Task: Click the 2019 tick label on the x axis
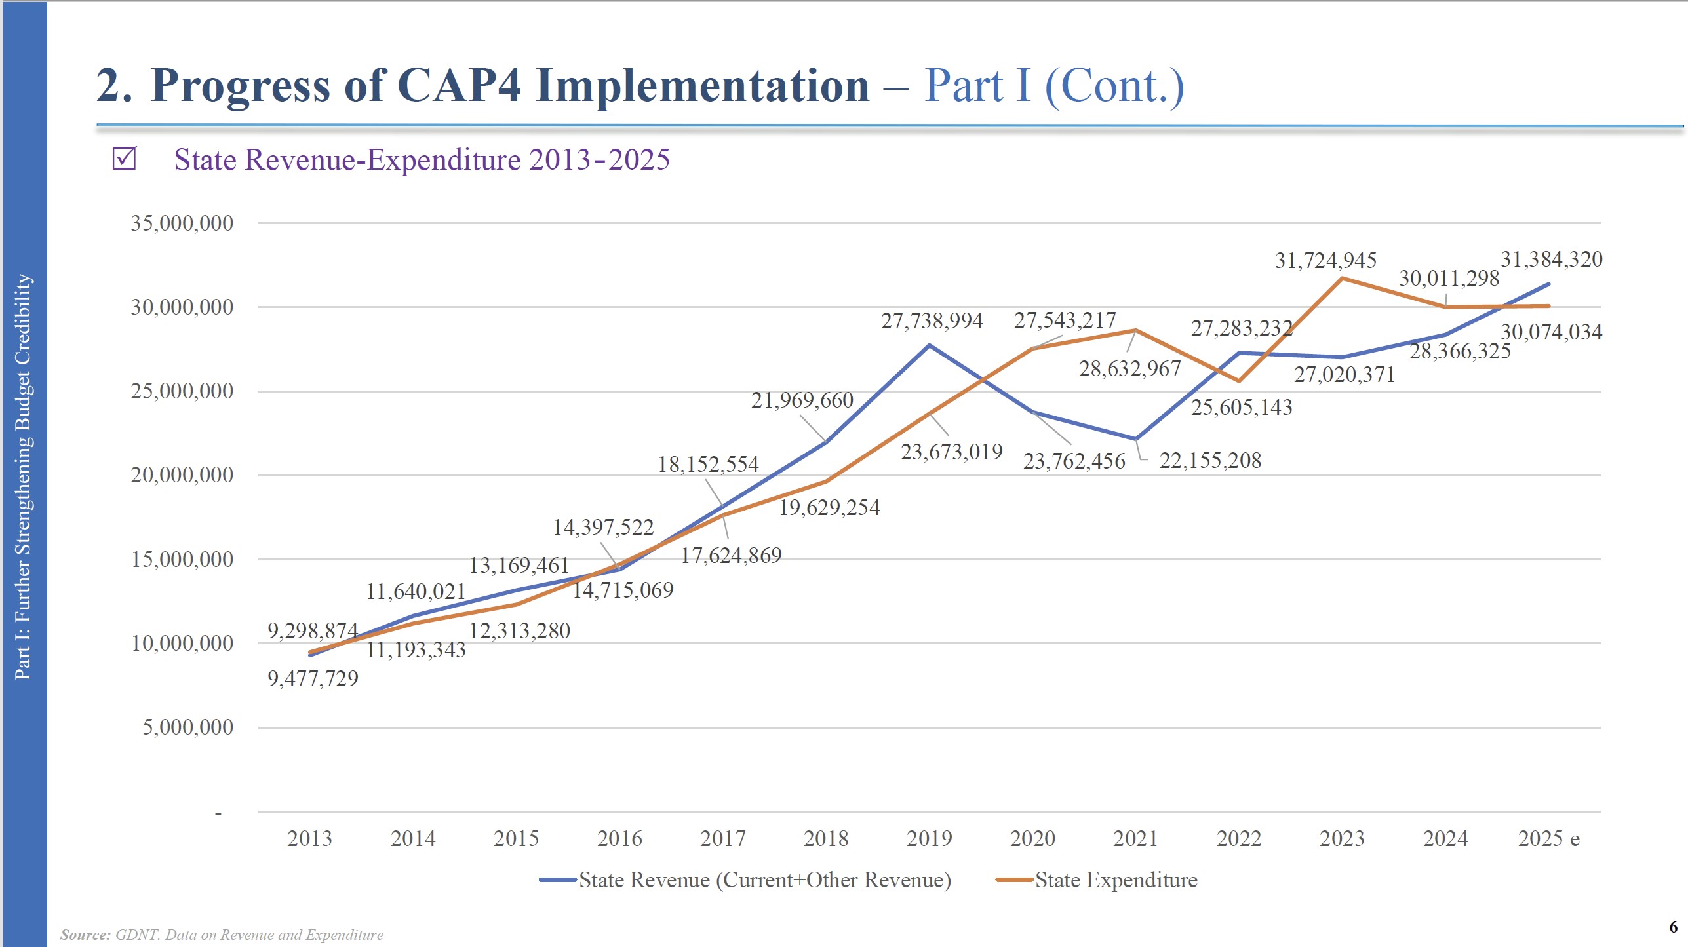coord(929,838)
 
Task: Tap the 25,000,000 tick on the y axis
coord(182,391)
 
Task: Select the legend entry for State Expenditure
coord(1116,879)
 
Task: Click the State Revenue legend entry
coord(764,879)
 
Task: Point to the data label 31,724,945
coord(1325,261)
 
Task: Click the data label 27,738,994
coord(932,321)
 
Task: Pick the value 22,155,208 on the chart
coord(1210,461)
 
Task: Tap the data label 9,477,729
coord(313,678)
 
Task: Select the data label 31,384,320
coord(1551,260)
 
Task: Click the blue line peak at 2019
coord(929,345)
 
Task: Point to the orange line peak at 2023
coord(1343,279)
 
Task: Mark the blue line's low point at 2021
coord(1136,439)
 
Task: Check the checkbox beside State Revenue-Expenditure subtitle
coord(124,159)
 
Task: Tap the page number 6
coord(1673,927)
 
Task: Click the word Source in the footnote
coord(85,935)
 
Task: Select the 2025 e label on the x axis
coord(1548,838)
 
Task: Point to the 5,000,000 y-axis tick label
coord(187,727)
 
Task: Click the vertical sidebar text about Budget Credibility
coord(24,476)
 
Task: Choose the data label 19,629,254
coord(829,508)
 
